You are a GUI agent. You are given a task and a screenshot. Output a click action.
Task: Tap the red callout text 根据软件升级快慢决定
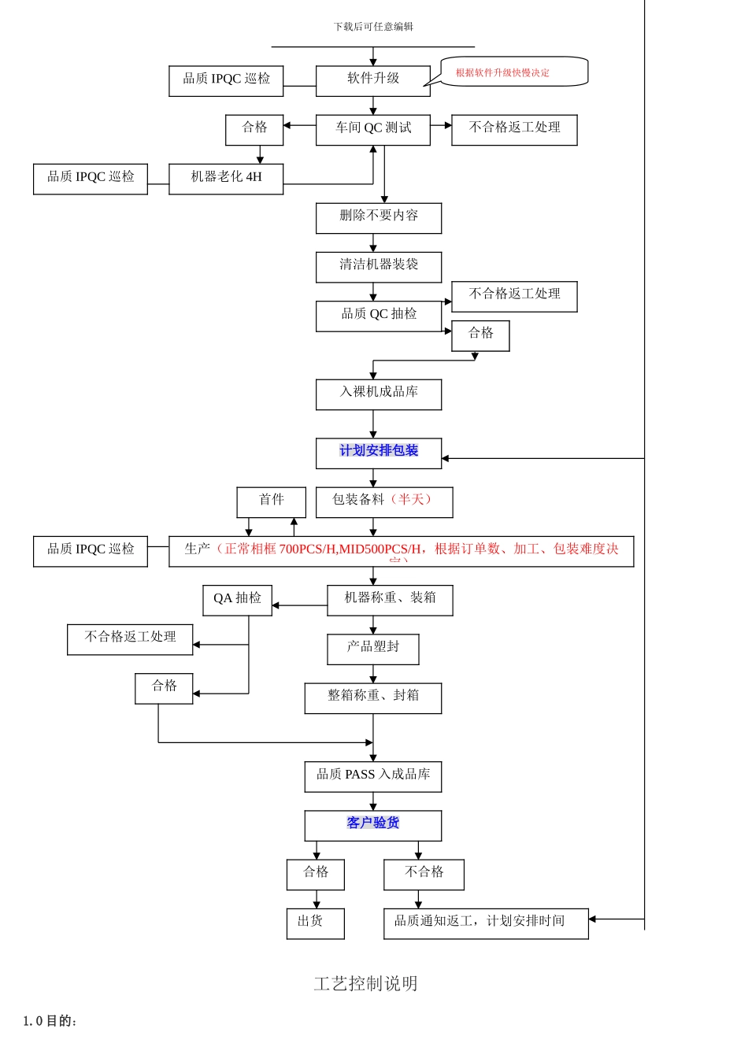pyautogui.click(x=502, y=72)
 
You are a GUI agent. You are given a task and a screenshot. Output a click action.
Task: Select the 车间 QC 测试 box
pyautogui.click(x=372, y=129)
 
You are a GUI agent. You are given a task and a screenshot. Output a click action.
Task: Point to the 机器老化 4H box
pyautogui.click(x=226, y=178)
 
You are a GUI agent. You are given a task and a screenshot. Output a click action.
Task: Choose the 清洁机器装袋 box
pyautogui.click(x=379, y=266)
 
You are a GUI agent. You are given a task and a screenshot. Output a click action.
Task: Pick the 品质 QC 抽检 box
pyautogui.click(x=379, y=315)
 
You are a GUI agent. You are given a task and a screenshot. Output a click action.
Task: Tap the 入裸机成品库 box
pyautogui.click(x=379, y=394)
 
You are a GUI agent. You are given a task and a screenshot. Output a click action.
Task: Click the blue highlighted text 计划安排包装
pyautogui.click(x=379, y=450)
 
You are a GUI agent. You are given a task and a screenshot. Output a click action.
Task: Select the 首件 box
pyautogui.click(x=271, y=501)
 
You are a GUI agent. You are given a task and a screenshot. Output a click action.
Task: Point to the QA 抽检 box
pyautogui.click(x=237, y=599)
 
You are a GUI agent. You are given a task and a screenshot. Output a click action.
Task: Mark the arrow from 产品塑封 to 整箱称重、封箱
pyautogui.click(x=373, y=674)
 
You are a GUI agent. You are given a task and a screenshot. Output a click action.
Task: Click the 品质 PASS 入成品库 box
pyautogui.click(x=373, y=775)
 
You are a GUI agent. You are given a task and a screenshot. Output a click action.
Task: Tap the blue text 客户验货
pyautogui.click(x=373, y=823)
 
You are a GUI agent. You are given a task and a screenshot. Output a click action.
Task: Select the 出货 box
pyautogui.click(x=315, y=923)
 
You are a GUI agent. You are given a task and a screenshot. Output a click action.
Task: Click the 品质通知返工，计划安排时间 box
pyautogui.click(x=485, y=923)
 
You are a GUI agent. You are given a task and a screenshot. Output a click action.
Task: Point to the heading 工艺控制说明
pyautogui.click(x=365, y=983)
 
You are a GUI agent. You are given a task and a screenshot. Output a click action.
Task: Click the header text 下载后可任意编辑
pyautogui.click(x=373, y=27)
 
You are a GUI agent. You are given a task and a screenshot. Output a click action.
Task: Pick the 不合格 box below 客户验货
pyautogui.click(x=424, y=874)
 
